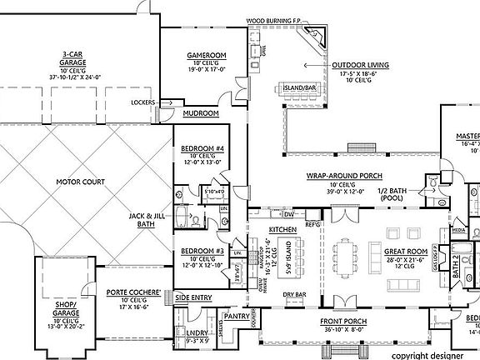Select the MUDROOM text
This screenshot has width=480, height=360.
pos(202,112)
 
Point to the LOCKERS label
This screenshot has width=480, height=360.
pos(143,103)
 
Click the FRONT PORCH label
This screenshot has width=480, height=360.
pos(342,320)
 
